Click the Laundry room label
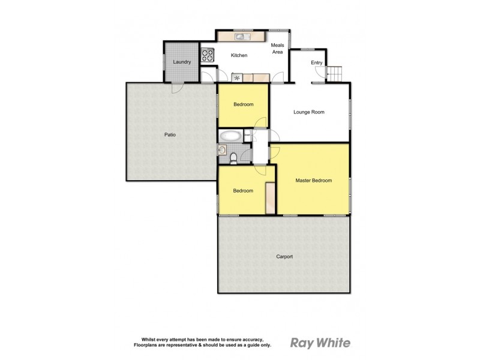pos(181,62)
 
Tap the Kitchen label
pos(239,56)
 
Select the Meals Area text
pos(277,49)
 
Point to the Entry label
pos(316,63)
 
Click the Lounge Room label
pos(309,112)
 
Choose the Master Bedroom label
pos(313,181)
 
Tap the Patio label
pos(170,135)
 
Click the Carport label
pos(284,257)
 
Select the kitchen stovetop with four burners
pos(208,55)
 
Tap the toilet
pos(233,158)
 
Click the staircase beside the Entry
pos(334,74)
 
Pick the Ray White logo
pos(320,343)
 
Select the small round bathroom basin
pos(223,150)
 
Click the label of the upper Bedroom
pos(243,104)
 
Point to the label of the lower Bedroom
pos(243,191)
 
